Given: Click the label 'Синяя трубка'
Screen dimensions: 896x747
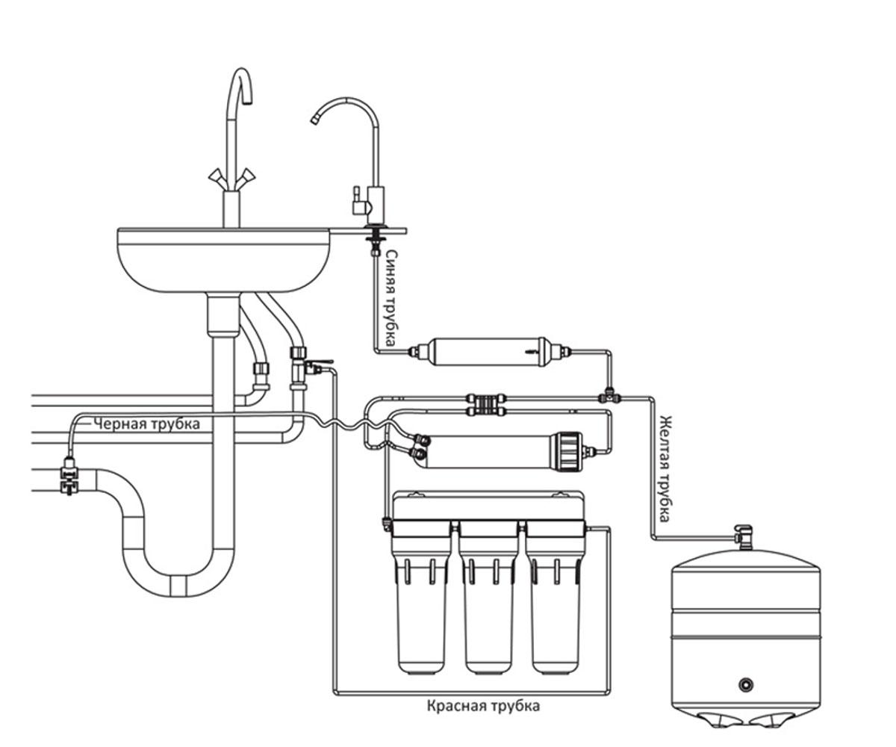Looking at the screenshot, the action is (390, 298).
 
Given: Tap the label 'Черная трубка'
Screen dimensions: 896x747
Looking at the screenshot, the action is (147, 424).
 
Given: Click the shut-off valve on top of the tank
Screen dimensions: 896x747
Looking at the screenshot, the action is (743, 536).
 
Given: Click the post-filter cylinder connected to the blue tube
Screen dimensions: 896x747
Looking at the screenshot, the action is (489, 352).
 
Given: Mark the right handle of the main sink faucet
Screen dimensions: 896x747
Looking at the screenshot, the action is (247, 176).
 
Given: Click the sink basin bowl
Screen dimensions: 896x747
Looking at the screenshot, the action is (224, 260).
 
